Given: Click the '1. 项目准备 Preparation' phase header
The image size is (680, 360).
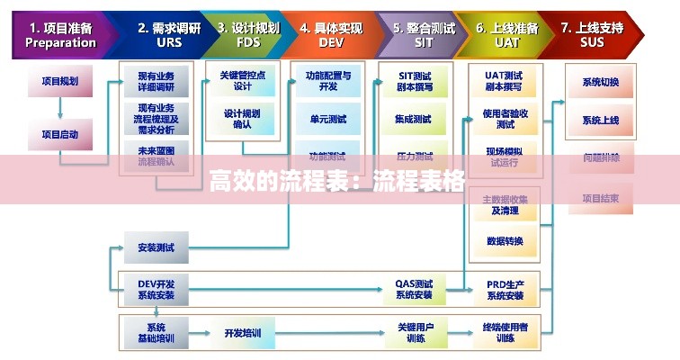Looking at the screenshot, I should click(60, 35).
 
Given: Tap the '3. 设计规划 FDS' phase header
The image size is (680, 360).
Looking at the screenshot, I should click(247, 35).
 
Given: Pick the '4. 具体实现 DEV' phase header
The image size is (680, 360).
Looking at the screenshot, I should click(332, 35).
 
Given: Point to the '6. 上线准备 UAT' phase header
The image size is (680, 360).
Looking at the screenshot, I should click(507, 35).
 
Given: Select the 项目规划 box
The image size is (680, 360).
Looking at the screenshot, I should click(60, 81).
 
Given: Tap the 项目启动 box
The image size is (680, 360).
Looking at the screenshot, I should click(60, 135).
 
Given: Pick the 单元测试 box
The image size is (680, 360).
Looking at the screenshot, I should click(327, 119).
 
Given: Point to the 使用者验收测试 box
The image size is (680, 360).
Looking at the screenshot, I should click(505, 119).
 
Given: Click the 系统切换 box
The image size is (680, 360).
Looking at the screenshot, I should click(600, 82).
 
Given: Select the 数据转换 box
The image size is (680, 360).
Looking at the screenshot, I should click(505, 240).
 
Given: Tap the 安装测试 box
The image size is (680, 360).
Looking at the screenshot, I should click(156, 246).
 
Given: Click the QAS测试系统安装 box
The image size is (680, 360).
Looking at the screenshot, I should click(414, 289).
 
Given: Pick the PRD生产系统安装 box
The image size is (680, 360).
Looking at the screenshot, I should click(505, 289).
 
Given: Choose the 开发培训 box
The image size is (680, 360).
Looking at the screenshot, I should click(243, 333).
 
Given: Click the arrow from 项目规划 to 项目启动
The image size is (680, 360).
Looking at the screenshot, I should click(60, 108).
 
